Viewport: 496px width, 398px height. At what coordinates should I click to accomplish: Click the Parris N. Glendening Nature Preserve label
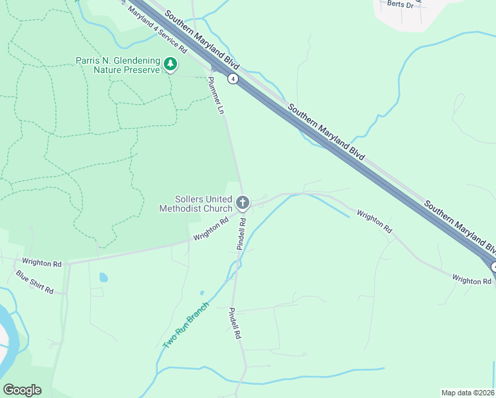tap(117, 64)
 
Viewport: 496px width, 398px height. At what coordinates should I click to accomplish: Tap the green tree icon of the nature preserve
tap(172, 64)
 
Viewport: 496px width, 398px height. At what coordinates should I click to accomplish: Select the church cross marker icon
tap(243, 202)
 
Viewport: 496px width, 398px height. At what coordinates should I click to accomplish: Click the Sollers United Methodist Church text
tap(196, 203)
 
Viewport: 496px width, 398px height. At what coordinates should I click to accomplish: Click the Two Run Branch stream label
tap(186, 326)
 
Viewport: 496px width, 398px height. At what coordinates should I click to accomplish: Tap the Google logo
tap(22, 390)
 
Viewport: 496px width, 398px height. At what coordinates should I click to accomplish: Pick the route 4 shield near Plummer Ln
tap(233, 79)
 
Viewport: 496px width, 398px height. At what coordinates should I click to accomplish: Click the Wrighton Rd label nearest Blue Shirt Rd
tap(41, 263)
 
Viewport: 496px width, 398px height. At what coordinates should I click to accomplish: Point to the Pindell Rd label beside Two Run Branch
tap(234, 323)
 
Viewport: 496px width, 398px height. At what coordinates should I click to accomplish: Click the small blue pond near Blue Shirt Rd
tap(103, 277)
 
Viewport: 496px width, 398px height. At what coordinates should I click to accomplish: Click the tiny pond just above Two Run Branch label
tap(202, 292)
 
